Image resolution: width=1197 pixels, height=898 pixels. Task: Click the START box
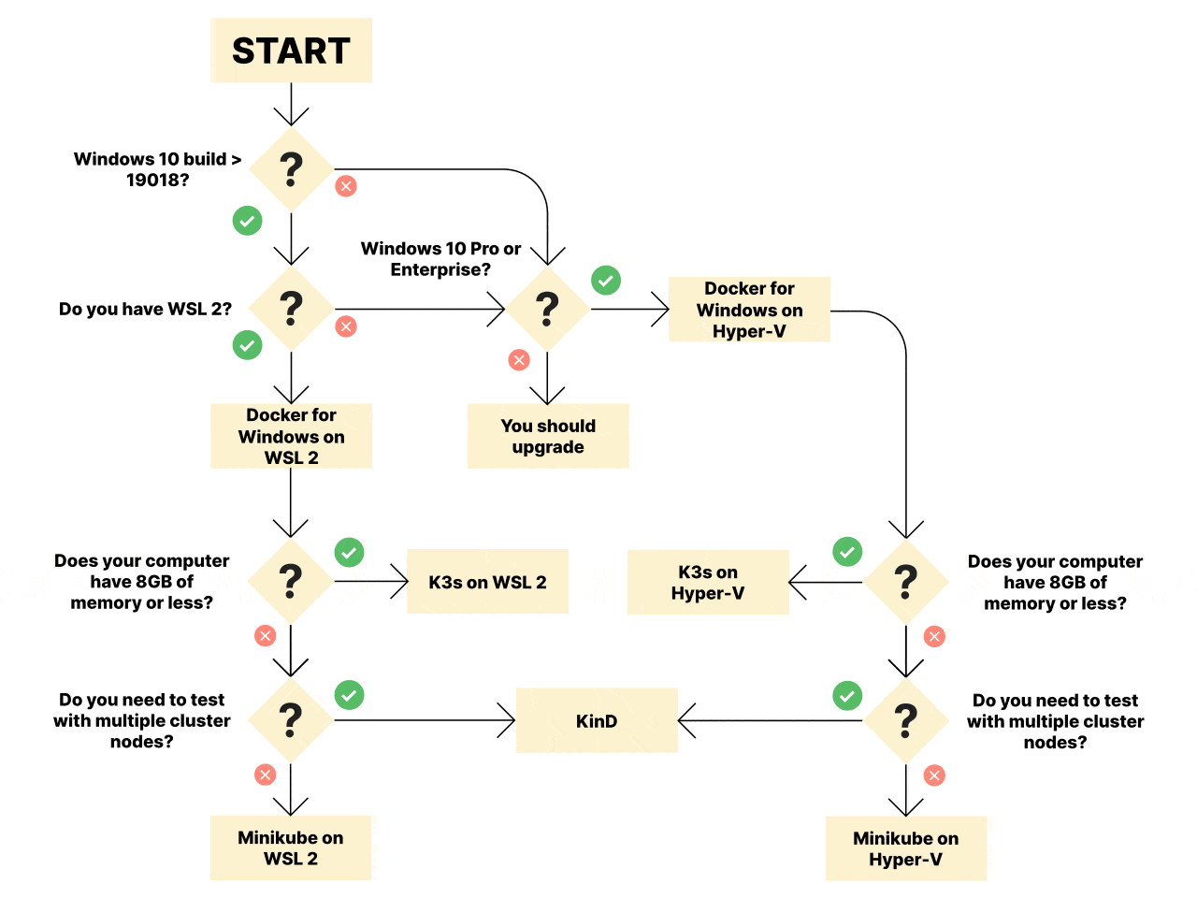coord(291,51)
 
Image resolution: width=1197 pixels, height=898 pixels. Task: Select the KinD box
coord(597,720)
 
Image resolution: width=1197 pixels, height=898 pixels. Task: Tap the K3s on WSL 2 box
coord(487,581)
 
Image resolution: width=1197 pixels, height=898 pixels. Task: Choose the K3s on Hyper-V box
coord(708,582)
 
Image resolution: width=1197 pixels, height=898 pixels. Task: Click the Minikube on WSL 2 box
coord(291,847)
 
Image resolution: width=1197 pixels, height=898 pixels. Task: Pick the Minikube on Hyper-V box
coord(906,847)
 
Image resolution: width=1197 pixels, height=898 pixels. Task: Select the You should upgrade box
coord(548,436)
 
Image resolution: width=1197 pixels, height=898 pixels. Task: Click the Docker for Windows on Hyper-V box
coord(749,309)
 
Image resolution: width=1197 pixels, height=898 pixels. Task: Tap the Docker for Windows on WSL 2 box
coord(291,436)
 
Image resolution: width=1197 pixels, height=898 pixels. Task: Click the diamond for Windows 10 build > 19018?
coord(291,169)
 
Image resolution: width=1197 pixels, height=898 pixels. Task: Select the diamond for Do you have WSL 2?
coord(291,309)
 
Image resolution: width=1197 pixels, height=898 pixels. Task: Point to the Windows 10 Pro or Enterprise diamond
coord(547,309)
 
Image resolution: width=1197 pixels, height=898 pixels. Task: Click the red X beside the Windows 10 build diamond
coord(346,186)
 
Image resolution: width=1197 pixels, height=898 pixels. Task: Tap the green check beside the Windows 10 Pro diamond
coord(606,281)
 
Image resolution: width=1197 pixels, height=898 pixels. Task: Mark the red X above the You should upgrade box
coord(519,360)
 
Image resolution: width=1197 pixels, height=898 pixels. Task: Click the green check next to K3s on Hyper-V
coord(847,551)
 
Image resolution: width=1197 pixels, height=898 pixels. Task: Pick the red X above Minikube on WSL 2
coord(265,775)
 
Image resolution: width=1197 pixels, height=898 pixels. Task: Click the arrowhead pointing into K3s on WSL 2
coord(399,581)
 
